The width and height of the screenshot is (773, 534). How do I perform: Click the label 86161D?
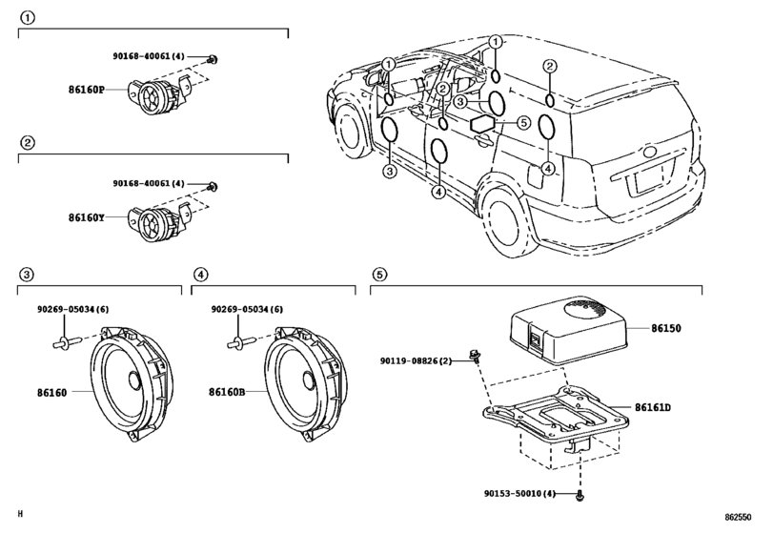654,406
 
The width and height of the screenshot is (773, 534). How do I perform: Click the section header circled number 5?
379,275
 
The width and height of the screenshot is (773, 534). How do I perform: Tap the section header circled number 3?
28,275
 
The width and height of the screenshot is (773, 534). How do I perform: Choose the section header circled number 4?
201,275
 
